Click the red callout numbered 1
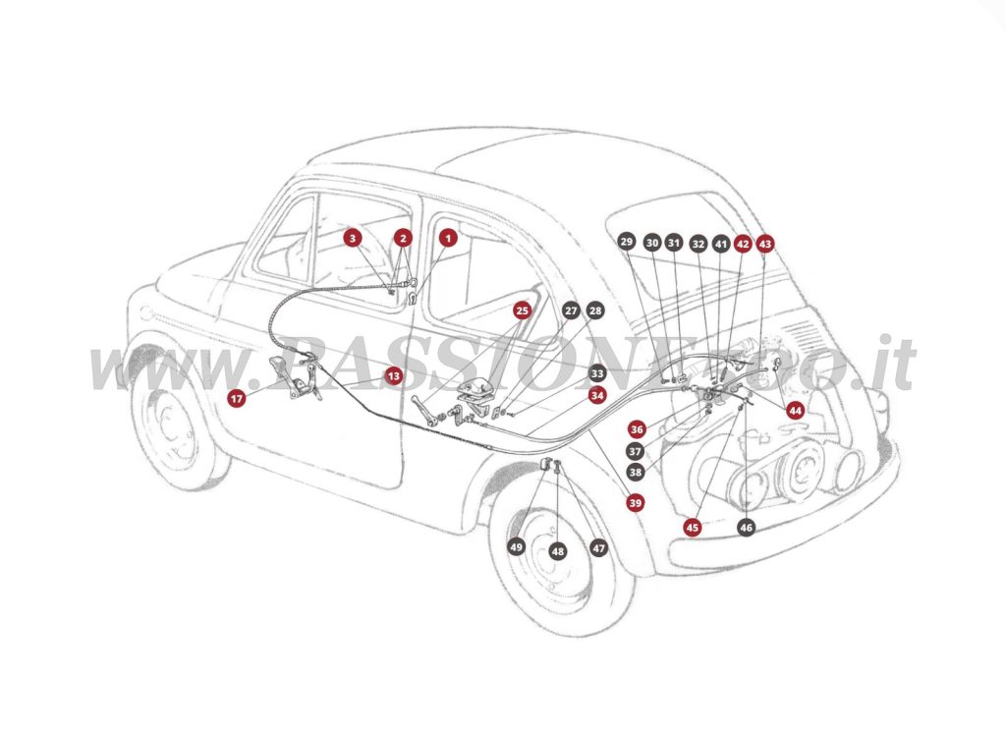click(448, 237)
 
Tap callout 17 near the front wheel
click(236, 398)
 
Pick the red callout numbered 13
click(393, 375)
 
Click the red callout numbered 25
click(523, 311)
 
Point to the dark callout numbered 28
click(595, 311)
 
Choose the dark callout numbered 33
click(597, 374)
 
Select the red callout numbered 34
click(597, 395)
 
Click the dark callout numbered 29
click(627, 242)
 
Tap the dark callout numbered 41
click(721, 243)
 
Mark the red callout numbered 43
click(765, 243)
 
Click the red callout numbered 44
click(795, 410)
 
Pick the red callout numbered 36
click(637, 429)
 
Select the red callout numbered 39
click(636, 502)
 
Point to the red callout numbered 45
click(693, 528)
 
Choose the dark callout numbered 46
click(747, 528)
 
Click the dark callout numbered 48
click(558, 551)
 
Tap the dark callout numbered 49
click(517, 546)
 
